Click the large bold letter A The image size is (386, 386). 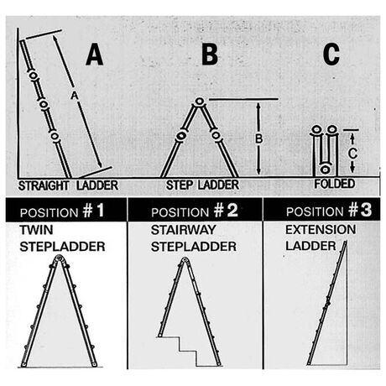[x=95, y=55]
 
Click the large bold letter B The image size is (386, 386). [x=210, y=54]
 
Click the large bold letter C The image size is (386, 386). [x=331, y=54]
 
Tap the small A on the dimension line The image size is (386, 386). [x=74, y=96]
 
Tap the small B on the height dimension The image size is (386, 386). [x=259, y=139]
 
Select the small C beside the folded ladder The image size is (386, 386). [x=352, y=154]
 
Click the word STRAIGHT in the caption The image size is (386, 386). [x=44, y=185]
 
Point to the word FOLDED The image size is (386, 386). [x=335, y=184]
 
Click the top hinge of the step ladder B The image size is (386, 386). [x=200, y=102]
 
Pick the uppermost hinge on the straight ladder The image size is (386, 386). [x=33, y=76]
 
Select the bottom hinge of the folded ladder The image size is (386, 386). [x=325, y=170]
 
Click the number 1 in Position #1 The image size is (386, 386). [x=100, y=211]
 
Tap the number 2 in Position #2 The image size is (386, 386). [x=232, y=211]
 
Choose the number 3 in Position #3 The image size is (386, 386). [x=366, y=210]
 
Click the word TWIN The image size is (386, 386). [x=36, y=230]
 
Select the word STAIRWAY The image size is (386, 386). [x=184, y=230]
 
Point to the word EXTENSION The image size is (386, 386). [x=321, y=230]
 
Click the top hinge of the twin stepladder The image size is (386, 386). [x=59, y=258]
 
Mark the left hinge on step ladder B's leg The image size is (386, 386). [x=181, y=136]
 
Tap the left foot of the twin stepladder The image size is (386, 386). [x=23, y=364]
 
